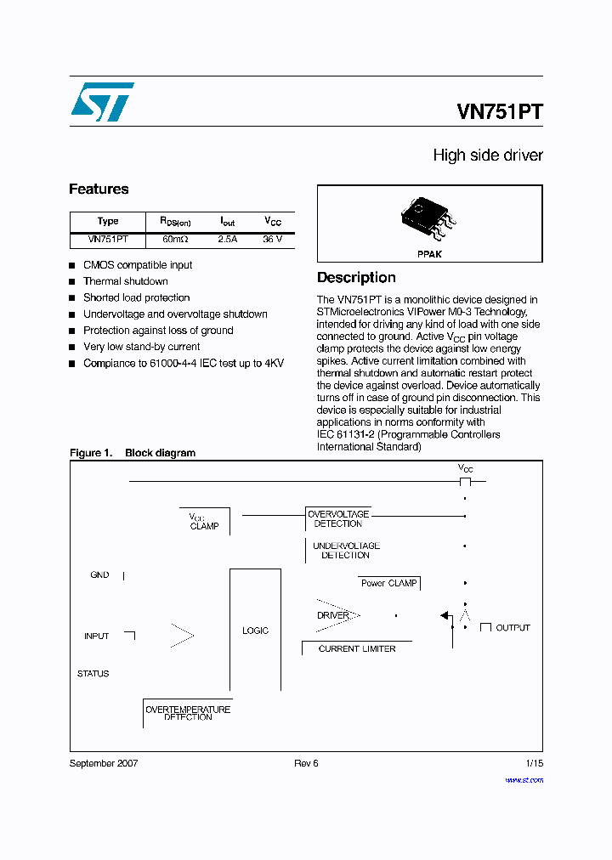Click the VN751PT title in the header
(x=499, y=113)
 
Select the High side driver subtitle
(x=487, y=156)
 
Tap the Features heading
(x=99, y=190)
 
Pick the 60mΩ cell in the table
(x=176, y=240)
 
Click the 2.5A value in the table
(x=228, y=240)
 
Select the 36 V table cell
(x=272, y=240)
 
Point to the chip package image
(x=429, y=217)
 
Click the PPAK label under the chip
(x=429, y=254)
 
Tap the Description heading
(x=356, y=278)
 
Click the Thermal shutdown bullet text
(x=126, y=281)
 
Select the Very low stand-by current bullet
(x=141, y=347)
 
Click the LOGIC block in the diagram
(x=255, y=631)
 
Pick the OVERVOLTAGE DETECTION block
(x=338, y=519)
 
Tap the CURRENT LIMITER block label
(x=357, y=648)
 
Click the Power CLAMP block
(x=389, y=583)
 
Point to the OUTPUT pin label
(x=513, y=628)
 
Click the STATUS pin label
(x=93, y=674)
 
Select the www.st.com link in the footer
(x=524, y=779)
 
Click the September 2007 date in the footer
(x=104, y=763)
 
